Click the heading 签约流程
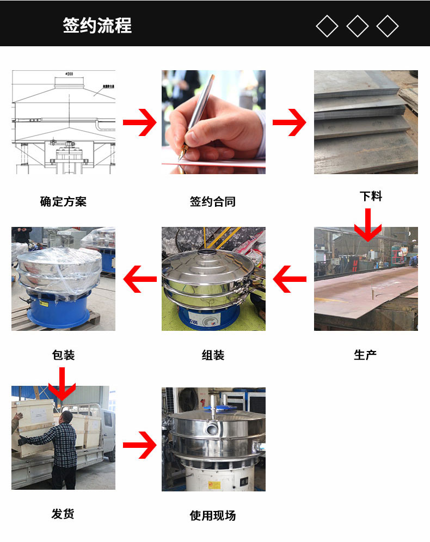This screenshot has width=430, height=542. click(97, 26)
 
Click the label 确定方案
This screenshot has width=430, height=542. click(63, 201)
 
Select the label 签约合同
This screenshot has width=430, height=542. click(213, 201)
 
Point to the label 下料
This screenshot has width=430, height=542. click(371, 196)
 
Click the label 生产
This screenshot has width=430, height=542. click(365, 355)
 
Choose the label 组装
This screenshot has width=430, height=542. click(213, 355)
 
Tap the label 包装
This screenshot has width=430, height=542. click(63, 355)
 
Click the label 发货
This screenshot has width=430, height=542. click(63, 514)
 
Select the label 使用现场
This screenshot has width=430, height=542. click(213, 516)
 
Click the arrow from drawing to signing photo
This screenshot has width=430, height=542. click(140, 122)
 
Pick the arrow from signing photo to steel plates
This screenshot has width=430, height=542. click(290, 122)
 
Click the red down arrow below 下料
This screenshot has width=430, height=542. click(368, 225)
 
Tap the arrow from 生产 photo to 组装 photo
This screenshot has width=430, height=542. click(290, 279)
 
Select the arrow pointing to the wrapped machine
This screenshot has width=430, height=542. click(140, 279)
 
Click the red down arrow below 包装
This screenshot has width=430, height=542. click(62, 384)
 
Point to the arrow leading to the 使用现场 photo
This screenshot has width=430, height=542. click(140, 445)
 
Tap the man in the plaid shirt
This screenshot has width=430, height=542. click(59, 449)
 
